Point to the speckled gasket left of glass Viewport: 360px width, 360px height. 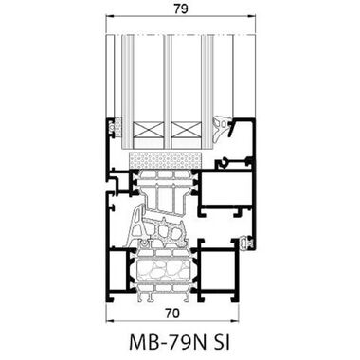click(x=117, y=125)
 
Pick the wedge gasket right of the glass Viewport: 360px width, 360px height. click(x=223, y=126)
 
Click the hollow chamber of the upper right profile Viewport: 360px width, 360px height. click(x=225, y=192)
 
